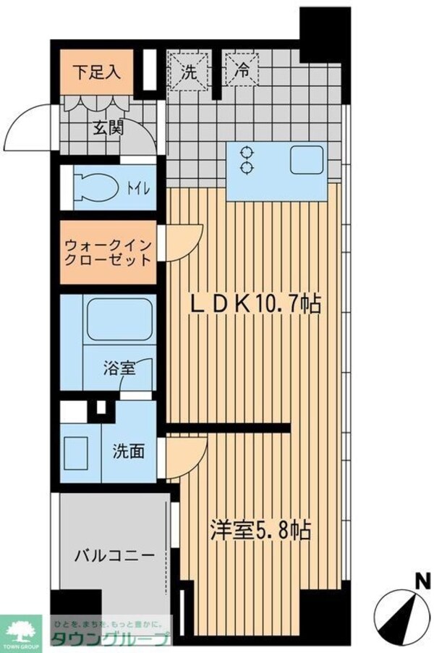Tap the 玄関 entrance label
coord(108,128)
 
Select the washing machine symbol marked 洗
coord(188,72)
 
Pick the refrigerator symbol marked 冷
coord(239,72)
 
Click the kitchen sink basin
coord(307,160)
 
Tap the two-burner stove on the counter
coord(247,160)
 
